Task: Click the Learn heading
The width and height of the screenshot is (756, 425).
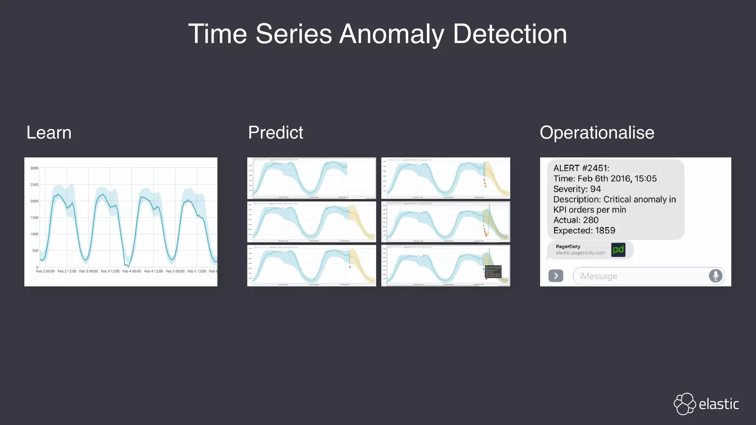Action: tap(49, 132)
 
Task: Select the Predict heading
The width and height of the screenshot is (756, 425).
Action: tap(275, 132)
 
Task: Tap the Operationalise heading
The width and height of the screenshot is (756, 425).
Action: tap(597, 132)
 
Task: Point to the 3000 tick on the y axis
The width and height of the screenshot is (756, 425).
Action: tap(34, 168)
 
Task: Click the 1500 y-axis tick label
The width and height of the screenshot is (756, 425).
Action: tap(34, 218)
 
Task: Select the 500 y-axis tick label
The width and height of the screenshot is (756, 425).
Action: tap(35, 250)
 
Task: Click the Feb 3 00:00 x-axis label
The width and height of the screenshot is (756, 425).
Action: tap(89, 271)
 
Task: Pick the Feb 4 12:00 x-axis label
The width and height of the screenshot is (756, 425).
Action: tap(154, 271)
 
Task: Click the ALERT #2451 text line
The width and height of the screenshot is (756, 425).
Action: tap(581, 168)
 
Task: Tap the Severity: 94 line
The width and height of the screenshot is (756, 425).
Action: tap(577, 189)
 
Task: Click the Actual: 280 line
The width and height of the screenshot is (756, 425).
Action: tap(576, 220)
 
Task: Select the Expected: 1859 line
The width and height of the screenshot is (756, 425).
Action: tap(584, 230)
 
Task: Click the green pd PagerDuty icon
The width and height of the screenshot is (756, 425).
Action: tap(618, 250)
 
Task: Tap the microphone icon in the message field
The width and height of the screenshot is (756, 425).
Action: tap(715, 276)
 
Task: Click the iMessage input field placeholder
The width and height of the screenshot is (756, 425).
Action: tap(598, 276)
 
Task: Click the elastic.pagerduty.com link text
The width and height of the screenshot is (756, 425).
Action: tap(580, 253)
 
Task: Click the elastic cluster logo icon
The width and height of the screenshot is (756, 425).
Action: tap(685, 404)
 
